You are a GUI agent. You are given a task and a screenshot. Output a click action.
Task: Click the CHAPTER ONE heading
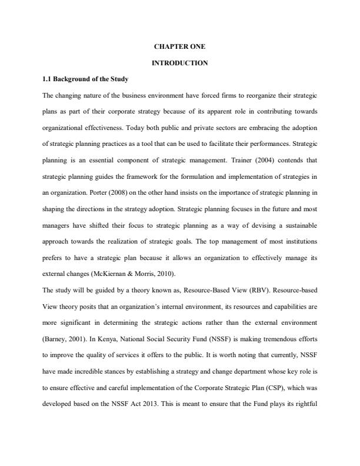(x=180, y=46)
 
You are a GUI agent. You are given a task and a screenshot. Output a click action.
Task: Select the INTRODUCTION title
(x=180, y=62)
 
